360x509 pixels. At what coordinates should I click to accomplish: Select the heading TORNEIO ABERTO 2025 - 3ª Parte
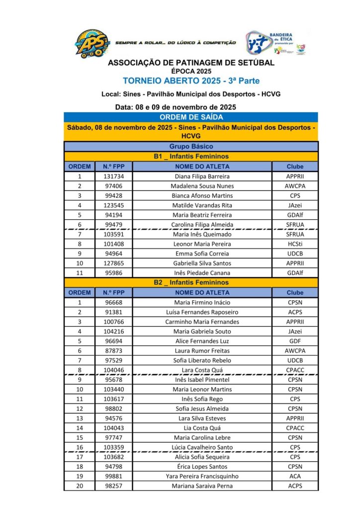coord(191,81)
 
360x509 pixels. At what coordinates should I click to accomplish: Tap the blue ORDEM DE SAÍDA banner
coord(191,117)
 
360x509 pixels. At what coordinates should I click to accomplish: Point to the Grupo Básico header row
coord(191,147)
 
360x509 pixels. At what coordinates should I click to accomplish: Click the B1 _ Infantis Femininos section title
coord(191,157)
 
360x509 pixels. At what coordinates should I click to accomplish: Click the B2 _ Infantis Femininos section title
coord(191,282)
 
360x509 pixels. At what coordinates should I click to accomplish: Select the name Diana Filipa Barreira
coord(202,176)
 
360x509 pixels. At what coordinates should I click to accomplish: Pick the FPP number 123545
coord(114,205)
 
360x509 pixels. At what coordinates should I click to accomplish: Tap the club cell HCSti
coord(295,244)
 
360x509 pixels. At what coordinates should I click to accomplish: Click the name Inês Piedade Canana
coord(202,273)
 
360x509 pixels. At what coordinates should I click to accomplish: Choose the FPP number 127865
coord(114,263)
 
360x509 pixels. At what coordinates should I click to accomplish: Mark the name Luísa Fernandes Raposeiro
coord(202,312)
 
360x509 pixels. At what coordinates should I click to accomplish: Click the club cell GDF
coord(295,341)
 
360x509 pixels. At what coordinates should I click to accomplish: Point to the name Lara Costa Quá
coord(202,370)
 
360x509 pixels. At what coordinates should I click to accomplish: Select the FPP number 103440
coord(114,389)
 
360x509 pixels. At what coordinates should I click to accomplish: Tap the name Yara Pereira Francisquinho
coord(202,476)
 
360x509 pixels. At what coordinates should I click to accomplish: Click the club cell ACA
coord(295,476)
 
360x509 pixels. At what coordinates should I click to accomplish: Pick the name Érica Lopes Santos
coord(202,467)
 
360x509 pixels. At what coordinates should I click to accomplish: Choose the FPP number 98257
coord(114,486)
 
